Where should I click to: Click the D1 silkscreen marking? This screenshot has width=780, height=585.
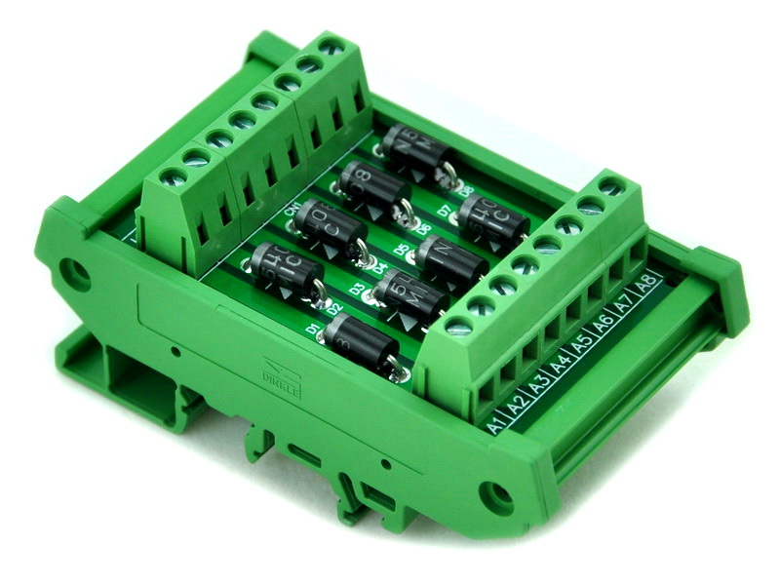tap(315, 331)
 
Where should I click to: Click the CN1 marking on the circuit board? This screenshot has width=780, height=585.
tap(292, 210)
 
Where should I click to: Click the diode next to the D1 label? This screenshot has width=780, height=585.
tap(358, 344)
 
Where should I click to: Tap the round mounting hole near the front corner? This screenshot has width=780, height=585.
tap(496, 498)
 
